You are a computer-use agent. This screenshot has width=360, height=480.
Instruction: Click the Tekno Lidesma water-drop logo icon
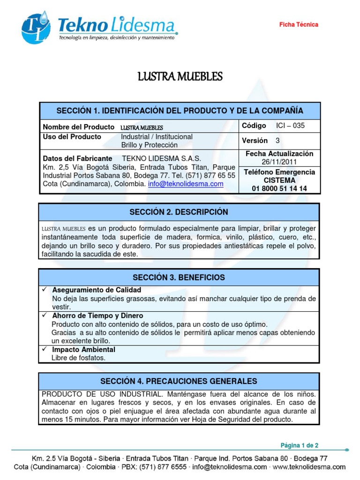click(36, 28)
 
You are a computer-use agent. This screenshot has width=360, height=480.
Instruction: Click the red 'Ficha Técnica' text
click(299, 24)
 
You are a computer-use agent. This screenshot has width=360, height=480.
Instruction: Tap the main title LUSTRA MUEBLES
click(180, 76)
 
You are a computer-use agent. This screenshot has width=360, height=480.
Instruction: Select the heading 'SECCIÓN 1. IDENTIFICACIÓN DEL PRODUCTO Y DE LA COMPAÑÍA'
click(180, 111)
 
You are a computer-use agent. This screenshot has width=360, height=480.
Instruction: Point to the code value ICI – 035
click(290, 126)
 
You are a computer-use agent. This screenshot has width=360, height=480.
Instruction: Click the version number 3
click(277, 141)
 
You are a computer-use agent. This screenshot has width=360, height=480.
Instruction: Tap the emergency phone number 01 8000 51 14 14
click(279, 188)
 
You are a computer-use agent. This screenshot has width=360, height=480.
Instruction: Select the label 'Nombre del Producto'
click(78, 127)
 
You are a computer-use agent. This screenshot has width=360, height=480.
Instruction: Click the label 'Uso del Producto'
click(72, 137)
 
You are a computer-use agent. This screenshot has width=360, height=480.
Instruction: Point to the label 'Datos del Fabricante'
click(77, 158)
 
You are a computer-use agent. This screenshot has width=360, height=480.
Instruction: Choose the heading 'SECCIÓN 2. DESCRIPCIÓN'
click(179, 212)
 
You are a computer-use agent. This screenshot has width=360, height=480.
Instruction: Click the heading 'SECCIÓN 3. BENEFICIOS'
click(179, 277)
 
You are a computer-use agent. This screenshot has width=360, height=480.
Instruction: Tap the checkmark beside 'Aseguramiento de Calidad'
click(45, 290)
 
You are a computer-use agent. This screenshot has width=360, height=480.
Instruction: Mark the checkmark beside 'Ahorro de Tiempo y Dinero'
click(45, 316)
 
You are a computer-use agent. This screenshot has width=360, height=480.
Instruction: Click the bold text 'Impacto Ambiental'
click(83, 350)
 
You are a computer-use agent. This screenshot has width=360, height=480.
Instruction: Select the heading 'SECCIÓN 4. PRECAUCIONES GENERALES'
click(179, 381)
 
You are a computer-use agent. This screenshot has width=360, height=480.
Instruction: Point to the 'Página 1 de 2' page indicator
click(300, 445)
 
